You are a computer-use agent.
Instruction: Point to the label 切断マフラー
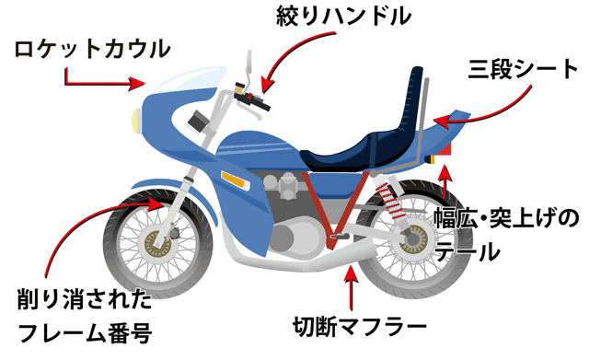(x=360, y=326)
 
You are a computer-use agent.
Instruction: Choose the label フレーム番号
(x=84, y=330)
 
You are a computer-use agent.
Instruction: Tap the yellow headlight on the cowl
(x=135, y=118)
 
